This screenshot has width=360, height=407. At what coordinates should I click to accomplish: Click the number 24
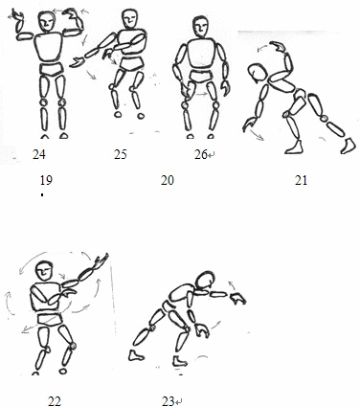point(39,154)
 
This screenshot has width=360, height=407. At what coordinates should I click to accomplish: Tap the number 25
point(121,154)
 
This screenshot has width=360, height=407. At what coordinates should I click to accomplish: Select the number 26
point(201,154)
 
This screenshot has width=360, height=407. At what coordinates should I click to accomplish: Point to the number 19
point(46,180)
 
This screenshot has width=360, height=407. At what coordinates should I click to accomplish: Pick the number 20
point(168,180)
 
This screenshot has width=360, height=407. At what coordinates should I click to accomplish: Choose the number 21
point(301,180)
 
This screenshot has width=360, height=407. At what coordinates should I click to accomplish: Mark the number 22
point(55,401)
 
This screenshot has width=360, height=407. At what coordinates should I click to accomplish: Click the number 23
point(169,401)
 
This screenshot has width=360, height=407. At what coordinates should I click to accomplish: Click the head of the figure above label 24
point(47,21)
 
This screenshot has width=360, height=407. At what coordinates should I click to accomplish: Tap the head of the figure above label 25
point(130,19)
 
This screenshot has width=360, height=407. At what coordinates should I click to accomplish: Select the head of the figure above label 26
point(200,27)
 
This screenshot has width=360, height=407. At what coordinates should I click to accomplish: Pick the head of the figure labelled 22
point(45,272)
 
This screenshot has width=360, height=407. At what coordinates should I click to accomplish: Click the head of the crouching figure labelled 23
point(205,282)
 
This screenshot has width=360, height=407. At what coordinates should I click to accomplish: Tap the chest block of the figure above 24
point(49,48)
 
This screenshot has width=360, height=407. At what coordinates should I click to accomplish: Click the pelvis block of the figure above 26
point(201,77)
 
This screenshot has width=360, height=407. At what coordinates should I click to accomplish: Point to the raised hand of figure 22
point(101,260)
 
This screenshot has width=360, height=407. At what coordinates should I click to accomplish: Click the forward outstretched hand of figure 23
point(237,299)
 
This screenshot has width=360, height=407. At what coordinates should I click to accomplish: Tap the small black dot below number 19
point(42,194)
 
